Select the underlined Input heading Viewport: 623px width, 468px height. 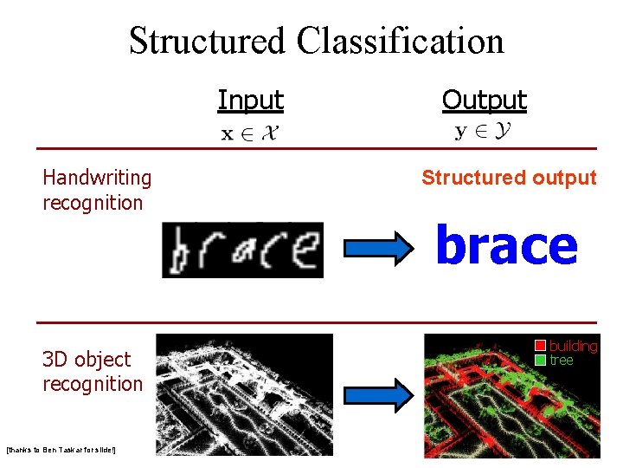250,101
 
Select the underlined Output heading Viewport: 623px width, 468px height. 484,101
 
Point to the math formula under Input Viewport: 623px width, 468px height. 251,133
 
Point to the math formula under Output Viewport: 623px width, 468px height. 483,133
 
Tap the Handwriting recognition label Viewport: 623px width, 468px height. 96,190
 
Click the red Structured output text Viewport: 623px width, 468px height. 509,179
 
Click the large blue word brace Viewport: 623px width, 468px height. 506,245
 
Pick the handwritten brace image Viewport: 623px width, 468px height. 242,250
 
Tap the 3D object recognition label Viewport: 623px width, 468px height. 92,371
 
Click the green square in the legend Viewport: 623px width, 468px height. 540,360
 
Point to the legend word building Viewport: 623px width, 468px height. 573,347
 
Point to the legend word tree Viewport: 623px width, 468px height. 562,360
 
